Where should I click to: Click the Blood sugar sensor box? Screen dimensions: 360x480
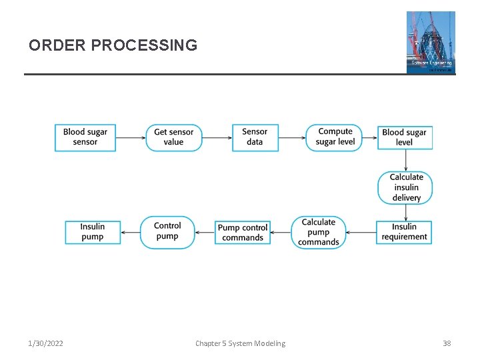85,137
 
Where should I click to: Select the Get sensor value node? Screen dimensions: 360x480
173,137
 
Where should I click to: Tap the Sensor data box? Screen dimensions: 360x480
255,137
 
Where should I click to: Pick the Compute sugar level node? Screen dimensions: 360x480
335,137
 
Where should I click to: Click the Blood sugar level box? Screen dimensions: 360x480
404,137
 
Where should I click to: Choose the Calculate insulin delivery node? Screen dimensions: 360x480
405,187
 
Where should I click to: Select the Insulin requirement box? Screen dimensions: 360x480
404,232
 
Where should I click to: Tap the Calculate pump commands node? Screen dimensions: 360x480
318,232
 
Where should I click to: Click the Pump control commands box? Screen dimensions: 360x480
243,232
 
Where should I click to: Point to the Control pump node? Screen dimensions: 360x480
167,232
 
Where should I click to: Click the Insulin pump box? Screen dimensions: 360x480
93,232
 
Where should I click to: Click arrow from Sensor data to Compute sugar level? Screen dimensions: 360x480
292,138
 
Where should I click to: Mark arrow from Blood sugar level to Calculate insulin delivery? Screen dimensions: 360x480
405,160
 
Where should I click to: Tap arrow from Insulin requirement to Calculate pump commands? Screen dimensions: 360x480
361,233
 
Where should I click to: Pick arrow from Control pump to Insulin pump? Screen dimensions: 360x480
131,233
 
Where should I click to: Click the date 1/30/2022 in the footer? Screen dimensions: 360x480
46,343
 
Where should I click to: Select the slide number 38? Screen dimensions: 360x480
447,343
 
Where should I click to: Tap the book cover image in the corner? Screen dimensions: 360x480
431,42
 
